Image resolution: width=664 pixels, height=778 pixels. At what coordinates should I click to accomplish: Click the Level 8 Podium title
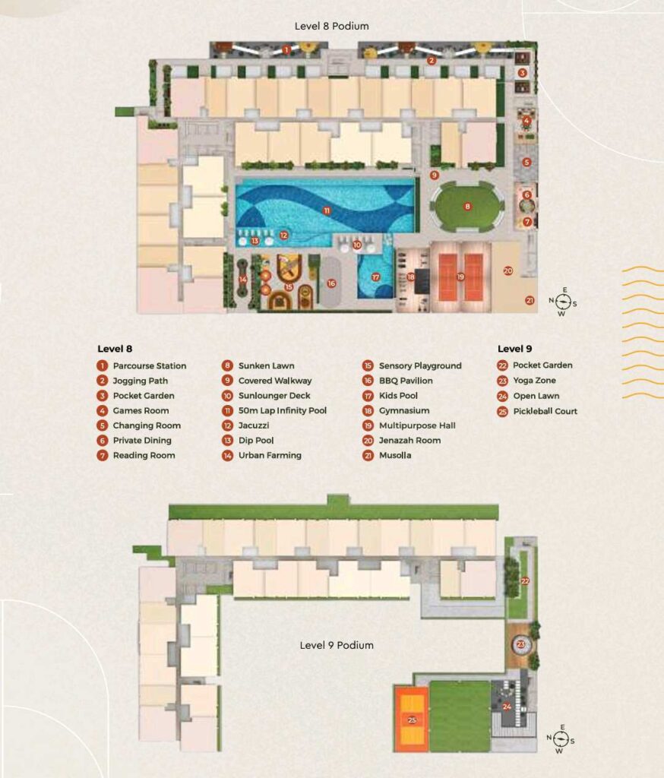(x=331, y=26)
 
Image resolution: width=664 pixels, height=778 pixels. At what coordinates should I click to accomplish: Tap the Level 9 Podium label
(x=337, y=645)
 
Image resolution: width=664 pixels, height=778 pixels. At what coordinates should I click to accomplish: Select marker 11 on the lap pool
(x=327, y=210)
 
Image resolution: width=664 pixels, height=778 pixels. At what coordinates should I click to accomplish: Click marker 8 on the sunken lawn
(x=467, y=207)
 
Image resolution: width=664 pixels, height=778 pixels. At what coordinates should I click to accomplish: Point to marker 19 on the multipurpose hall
(x=460, y=277)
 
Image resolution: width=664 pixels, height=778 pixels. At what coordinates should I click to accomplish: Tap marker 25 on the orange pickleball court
(x=412, y=720)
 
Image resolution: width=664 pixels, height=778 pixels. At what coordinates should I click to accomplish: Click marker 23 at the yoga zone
(x=520, y=644)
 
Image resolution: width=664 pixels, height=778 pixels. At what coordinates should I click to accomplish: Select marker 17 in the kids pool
(x=375, y=277)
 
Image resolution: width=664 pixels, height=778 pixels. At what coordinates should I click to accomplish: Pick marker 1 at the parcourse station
(x=286, y=49)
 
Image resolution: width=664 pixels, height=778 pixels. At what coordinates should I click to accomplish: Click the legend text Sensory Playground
(x=420, y=365)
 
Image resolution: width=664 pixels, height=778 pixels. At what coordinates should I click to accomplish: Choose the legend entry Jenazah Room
(x=409, y=440)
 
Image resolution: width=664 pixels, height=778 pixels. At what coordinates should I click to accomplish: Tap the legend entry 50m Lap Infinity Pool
(x=283, y=410)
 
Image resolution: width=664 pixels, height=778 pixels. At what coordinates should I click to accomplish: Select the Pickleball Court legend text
(x=545, y=411)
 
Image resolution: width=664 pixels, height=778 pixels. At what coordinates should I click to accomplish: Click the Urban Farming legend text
(x=270, y=455)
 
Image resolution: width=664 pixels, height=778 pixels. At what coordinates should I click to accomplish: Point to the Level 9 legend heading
(x=514, y=349)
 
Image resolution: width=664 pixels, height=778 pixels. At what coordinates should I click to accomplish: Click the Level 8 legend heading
(x=115, y=349)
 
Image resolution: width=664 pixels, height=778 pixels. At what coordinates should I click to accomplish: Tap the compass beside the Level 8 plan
(x=562, y=302)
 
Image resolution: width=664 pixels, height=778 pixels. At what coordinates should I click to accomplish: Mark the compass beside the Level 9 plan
(x=561, y=739)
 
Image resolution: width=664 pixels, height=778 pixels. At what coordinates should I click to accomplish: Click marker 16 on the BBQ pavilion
(x=331, y=283)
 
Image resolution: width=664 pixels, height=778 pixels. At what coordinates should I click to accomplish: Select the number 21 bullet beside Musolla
(x=368, y=456)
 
